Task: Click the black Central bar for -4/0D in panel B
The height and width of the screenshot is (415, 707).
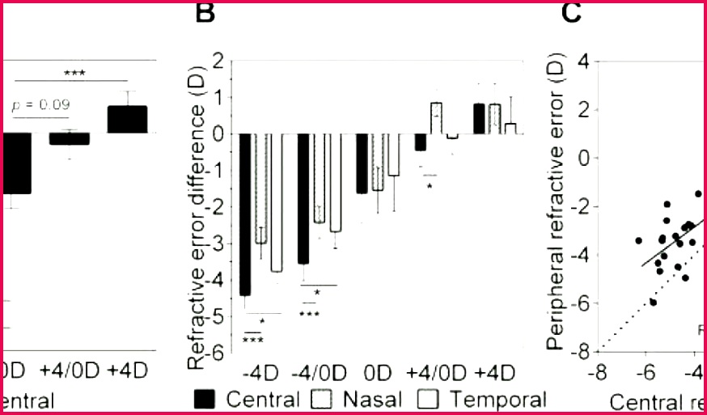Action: pyautogui.click(x=303, y=198)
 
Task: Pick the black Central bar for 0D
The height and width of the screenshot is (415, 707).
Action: pyautogui.click(x=362, y=163)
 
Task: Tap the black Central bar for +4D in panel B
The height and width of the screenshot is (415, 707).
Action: pyautogui.click(x=479, y=118)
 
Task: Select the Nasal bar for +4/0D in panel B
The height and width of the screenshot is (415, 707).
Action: pyautogui.click(x=436, y=118)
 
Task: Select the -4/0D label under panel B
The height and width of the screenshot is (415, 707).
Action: pyautogui.click(x=316, y=375)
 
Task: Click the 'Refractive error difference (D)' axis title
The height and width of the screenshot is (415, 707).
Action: pyautogui.click(x=194, y=210)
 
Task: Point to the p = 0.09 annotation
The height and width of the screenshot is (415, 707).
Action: pyautogui.click(x=40, y=104)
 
